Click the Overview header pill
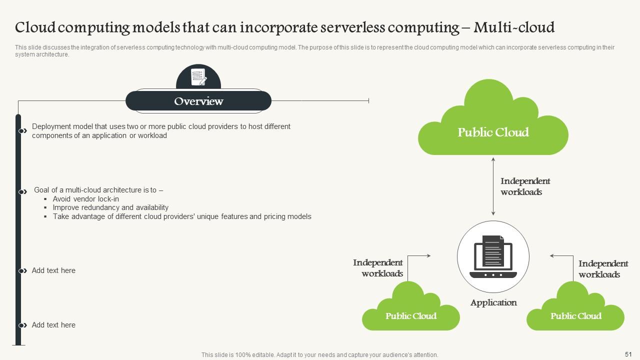point(198,101)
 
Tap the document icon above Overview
point(198,77)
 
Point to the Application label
point(493,302)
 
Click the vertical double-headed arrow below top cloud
point(493,186)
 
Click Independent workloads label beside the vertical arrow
point(525,186)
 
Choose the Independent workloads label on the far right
point(603,269)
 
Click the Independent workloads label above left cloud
point(378,268)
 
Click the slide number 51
point(628,353)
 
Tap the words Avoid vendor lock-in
point(86,199)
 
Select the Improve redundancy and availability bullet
point(110,207)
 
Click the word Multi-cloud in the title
point(514,27)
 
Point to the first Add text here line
point(53,270)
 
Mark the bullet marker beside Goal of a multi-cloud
point(22,192)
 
